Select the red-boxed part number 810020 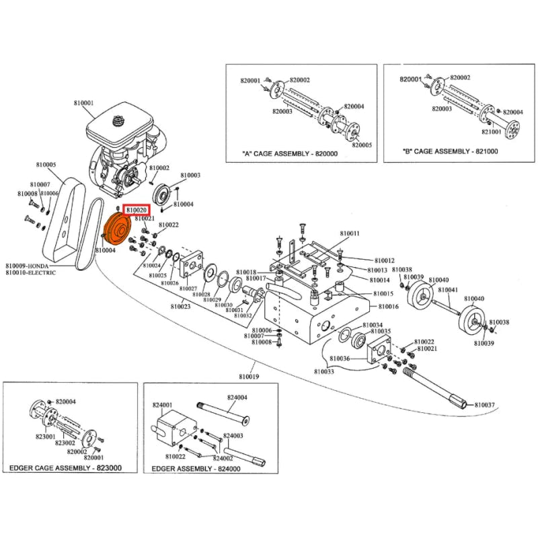click(x=137, y=210)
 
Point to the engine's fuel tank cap click(x=122, y=121)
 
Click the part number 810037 click(x=484, y=405)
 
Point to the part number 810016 click(x=388, y=307)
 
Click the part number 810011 click(x=350, y=234)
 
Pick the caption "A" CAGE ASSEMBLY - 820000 click(x=289, y=153)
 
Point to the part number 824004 click(x=237, y=397)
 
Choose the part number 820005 click(x=361, y=145)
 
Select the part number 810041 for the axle click(x=447, y=291)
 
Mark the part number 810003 click(x=190, y=176)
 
